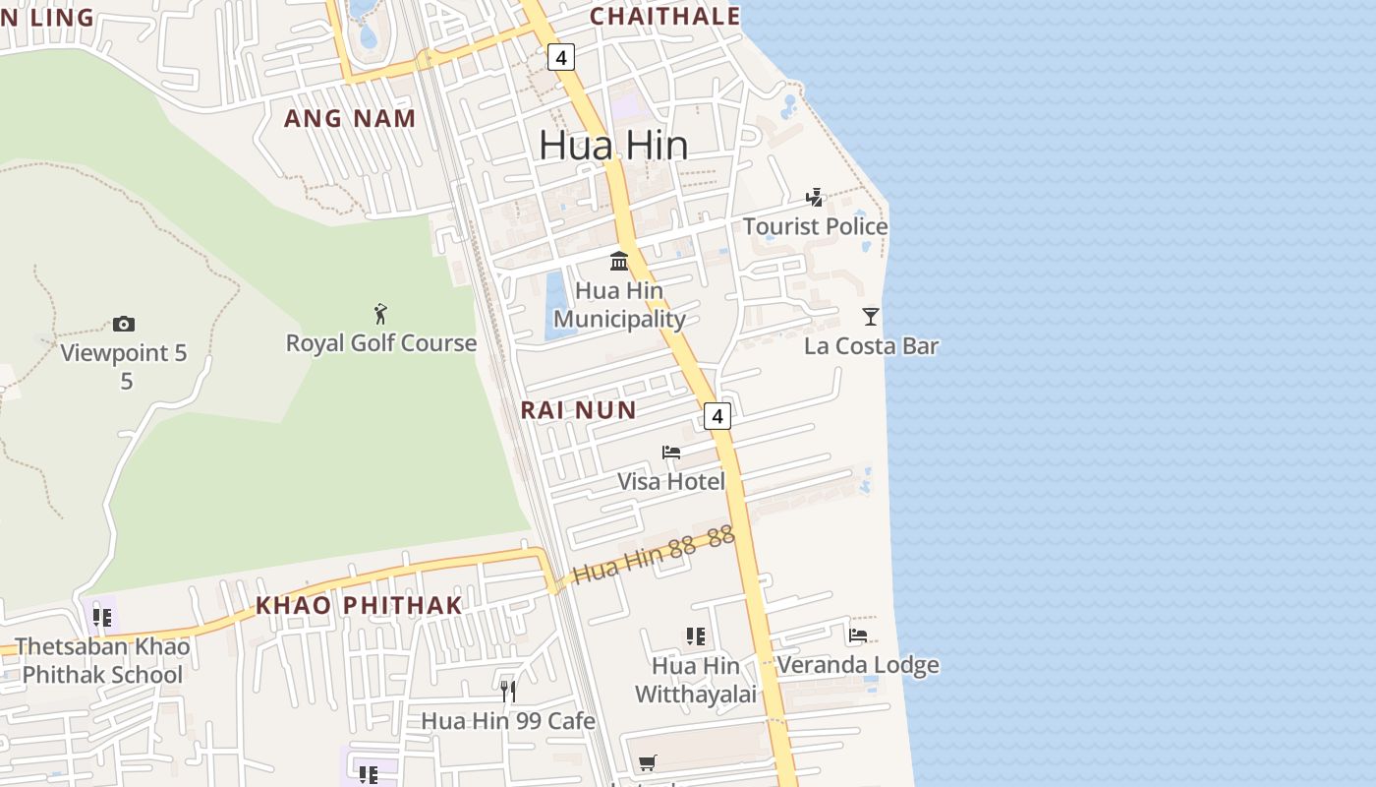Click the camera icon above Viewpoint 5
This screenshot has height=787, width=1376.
coord(123,324)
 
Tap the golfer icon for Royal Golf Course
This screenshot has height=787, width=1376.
coord(380,314)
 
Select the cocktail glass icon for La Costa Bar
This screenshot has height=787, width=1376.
coord(870,317)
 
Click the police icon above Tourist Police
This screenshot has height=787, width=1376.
coord(814,198)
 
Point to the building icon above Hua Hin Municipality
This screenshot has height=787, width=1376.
coord(619,261)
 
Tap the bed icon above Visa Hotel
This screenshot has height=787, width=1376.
coord(671,453)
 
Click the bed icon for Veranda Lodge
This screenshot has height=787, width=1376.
coord(858,636)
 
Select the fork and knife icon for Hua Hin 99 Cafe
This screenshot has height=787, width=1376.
coord(507,692)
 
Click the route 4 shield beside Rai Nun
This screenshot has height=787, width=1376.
coord(717,416)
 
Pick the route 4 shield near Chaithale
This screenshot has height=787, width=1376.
coord(560,58)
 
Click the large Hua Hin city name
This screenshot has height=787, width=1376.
coord(613,146)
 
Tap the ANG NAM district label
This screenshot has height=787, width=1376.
coord(350,119)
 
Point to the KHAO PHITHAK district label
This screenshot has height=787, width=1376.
coord(359,605)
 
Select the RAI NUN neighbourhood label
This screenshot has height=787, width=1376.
coord(578,410)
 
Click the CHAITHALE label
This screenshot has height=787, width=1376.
coord(664,16)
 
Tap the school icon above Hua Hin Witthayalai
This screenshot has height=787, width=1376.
coord(696,636)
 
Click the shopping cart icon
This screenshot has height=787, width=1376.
coord(647,762)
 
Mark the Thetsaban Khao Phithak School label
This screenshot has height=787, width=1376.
coord(102,660)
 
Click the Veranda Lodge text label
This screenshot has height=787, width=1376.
coord(858,665)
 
